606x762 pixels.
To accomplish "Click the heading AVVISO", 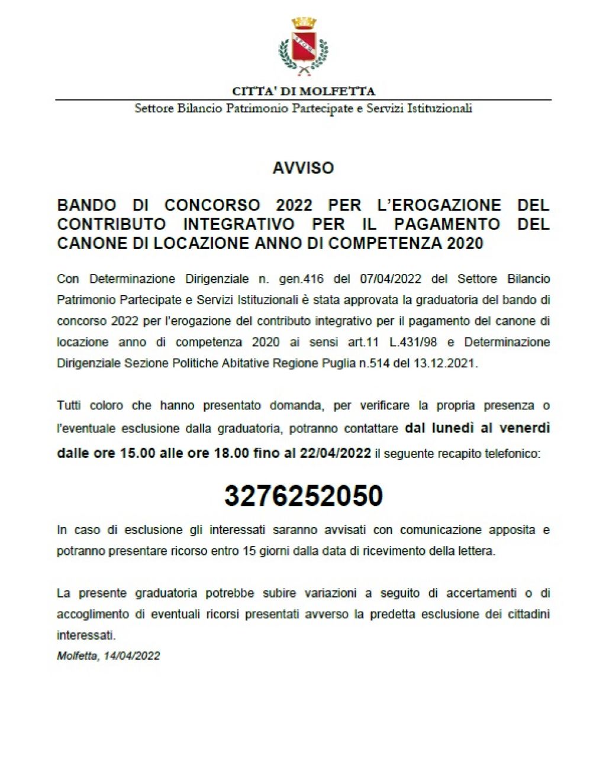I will (x=303, y=168).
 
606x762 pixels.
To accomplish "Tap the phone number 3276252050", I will (x=303, y=495).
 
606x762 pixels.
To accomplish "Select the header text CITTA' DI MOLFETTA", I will (x=303, y=91).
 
